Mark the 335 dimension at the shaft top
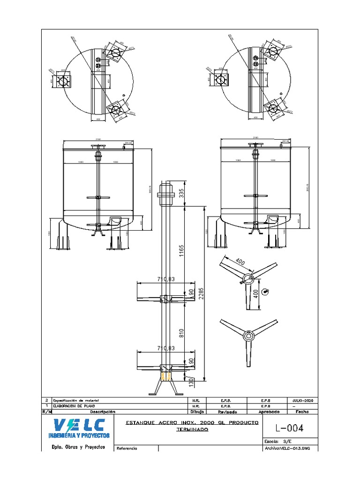(181, 192)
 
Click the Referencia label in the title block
(127, 449)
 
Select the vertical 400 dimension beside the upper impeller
(255, 293)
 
